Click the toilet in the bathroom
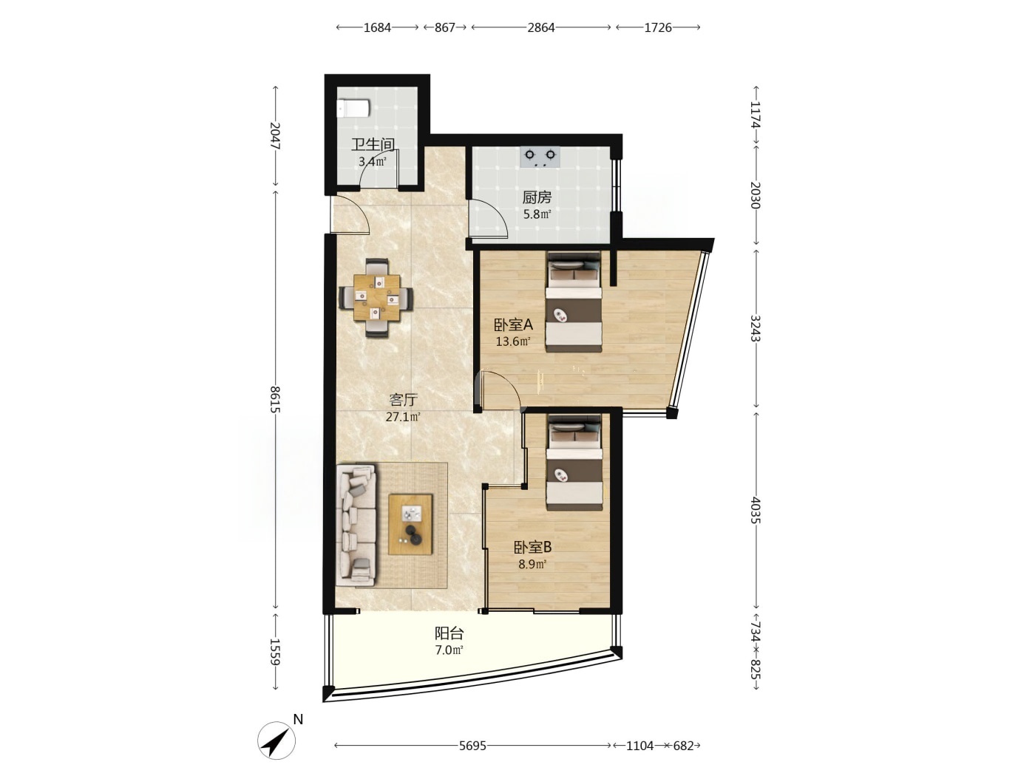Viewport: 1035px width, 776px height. tap(353, 109)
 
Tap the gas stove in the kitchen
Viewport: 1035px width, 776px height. tap(540, 157)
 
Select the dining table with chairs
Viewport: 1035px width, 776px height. tap(377, 298)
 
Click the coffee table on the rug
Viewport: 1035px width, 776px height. tap(410, 524)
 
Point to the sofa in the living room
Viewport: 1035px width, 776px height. tap(356, 525)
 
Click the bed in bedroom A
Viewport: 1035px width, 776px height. tap(574, 302)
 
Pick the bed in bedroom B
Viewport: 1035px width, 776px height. tap(574, 462)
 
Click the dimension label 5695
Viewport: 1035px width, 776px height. tap(472, 746)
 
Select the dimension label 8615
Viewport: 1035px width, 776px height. tap(275, 400)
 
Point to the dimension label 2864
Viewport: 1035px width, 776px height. tap(541, 28)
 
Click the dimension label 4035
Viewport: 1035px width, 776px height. tap(755, 510)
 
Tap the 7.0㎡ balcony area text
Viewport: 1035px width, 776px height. tap(449, 650)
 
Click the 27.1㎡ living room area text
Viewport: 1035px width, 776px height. tap(403, 417)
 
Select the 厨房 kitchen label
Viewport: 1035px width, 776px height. tap(537, 197)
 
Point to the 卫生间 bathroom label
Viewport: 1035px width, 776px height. tap(373, 144)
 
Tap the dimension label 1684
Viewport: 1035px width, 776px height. tap(377, 28)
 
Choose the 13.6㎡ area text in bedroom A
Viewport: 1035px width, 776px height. tap(514, 341)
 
